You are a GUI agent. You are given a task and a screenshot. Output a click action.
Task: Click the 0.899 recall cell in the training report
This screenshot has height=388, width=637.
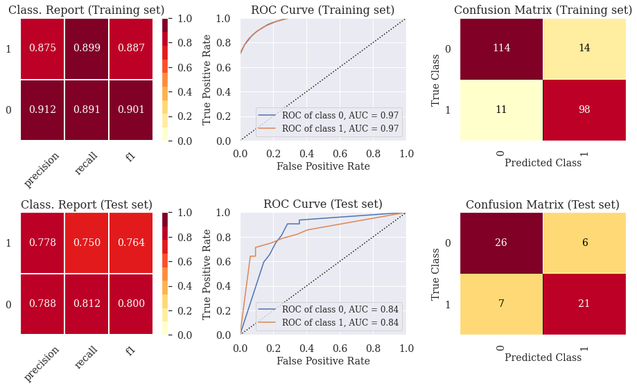87,48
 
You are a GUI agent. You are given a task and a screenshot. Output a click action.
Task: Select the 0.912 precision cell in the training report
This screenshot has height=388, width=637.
43,110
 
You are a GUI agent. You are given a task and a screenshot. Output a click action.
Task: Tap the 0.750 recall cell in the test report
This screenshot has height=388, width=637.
87,243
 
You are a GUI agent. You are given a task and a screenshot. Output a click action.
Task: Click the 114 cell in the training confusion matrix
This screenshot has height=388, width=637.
501,48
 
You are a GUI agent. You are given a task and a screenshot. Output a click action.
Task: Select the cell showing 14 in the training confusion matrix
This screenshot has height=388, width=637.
584,48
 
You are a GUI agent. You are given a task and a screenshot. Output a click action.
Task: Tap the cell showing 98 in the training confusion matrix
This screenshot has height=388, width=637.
584,110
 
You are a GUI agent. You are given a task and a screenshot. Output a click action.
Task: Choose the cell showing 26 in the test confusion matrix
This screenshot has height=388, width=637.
501,243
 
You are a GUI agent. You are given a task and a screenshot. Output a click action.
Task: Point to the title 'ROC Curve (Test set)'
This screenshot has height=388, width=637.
323,204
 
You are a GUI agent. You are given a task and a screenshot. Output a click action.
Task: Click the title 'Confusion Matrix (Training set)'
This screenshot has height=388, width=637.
543,10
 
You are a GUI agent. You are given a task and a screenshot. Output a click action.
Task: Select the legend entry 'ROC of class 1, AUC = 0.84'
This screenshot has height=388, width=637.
340,323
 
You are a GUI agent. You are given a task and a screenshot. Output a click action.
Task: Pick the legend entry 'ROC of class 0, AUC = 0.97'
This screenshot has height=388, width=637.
340,115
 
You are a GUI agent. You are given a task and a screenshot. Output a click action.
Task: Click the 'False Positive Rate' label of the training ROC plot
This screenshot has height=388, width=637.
324,166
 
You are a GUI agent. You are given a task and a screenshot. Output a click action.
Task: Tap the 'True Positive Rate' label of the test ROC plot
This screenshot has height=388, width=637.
207,274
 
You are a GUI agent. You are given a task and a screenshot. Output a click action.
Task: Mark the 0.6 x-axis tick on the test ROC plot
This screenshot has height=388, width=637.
340,349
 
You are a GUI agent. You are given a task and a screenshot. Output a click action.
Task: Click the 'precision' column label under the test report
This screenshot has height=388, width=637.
42,364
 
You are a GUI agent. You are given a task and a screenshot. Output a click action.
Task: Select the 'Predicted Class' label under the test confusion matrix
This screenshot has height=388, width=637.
543,358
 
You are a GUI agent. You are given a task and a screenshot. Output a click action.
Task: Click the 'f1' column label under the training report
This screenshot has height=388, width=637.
130,157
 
